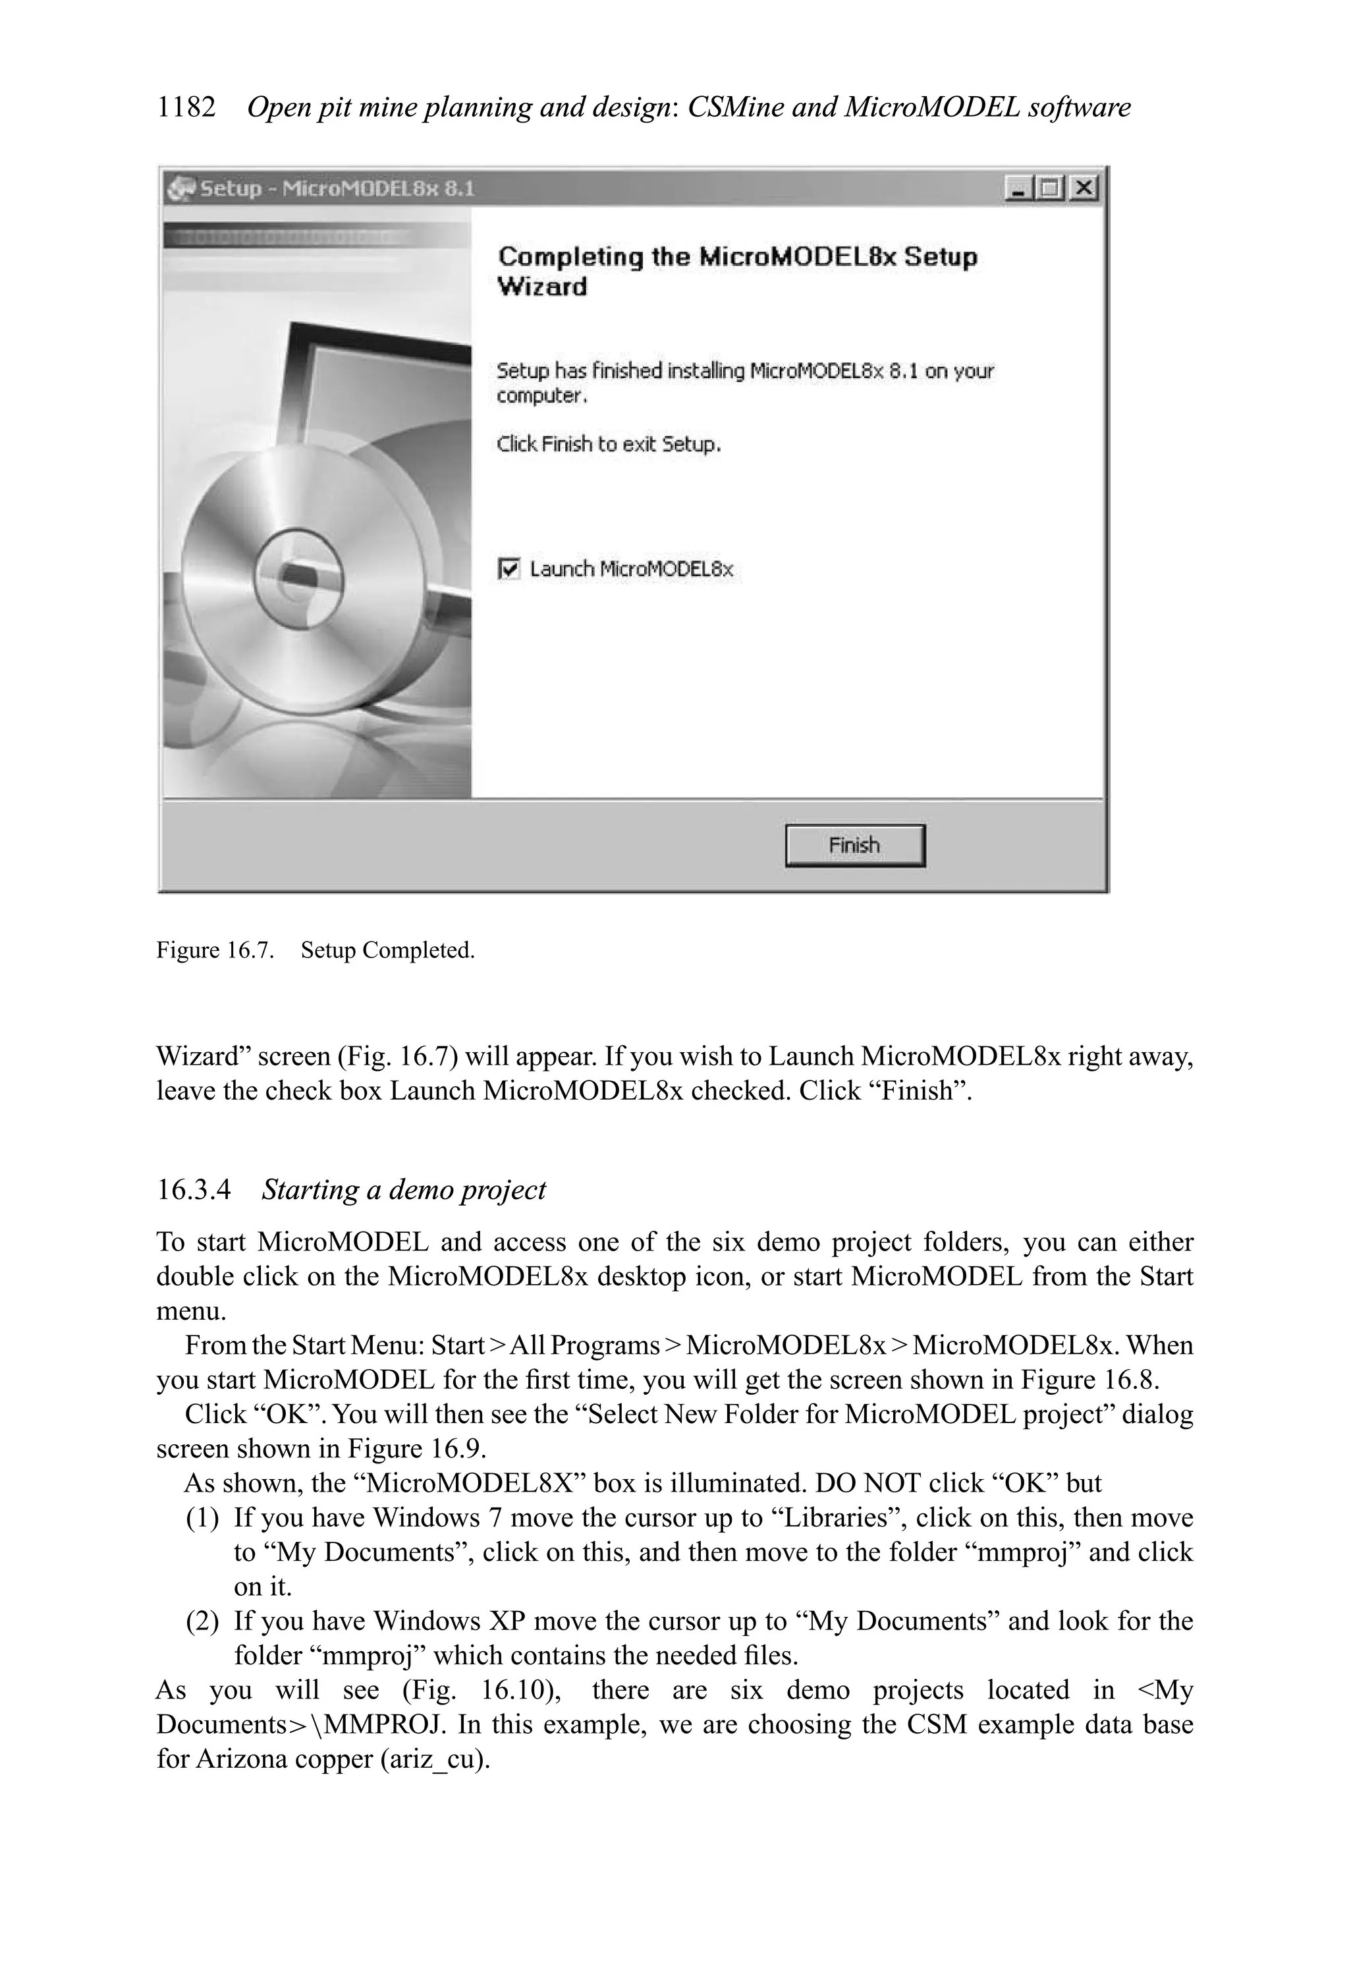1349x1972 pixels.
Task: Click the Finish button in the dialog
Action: (x=854, y=845)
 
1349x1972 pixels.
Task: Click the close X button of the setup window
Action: (x=1083, y=188)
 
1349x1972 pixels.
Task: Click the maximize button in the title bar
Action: (x=1051, y=188)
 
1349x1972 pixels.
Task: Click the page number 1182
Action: (x=186, y=108)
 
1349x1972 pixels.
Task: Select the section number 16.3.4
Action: (x=194, y=1190)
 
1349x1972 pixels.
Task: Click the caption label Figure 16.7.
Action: (x=215, y=950)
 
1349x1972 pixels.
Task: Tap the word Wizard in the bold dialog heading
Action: (x=542, y=287)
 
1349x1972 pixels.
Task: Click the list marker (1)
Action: (x=202, y=1517)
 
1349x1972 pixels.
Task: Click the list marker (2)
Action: (x=202, y=1621)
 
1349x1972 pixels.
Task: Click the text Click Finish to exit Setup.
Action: (x=609, y=444)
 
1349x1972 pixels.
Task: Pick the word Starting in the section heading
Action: (x=310, y=1190)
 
